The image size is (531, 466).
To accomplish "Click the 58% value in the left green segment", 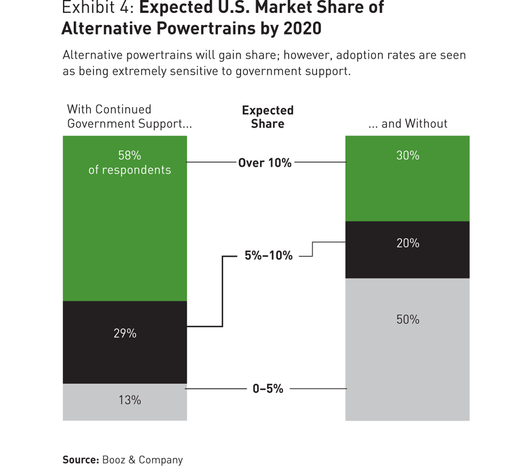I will coord(129,155).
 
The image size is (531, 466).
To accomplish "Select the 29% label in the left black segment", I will coord(125,333).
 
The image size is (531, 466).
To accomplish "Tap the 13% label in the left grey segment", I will coord(129,400).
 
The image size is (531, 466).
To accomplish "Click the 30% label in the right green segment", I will coord(407,155).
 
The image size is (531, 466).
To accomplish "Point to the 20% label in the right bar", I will coord(407,243).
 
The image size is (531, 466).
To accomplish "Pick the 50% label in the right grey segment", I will coord(407,320).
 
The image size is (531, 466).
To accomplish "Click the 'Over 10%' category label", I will coord(264,163).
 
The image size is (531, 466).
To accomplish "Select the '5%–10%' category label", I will coord(268,256).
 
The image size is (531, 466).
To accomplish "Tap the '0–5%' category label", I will coord(268,389).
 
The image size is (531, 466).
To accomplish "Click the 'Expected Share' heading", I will coord(267,117).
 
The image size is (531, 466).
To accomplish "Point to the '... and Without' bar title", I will coord(407,124).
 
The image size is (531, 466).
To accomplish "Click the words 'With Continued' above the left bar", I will coord(109,109).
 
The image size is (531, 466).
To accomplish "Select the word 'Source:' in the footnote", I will coord(81,460).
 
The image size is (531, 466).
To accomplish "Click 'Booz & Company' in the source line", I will coord(142,460).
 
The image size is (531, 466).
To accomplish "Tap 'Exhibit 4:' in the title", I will coord(96,8).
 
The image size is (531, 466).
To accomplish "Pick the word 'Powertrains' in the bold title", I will coord(197,28).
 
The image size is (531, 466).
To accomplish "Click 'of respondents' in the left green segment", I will coord(129,170).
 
